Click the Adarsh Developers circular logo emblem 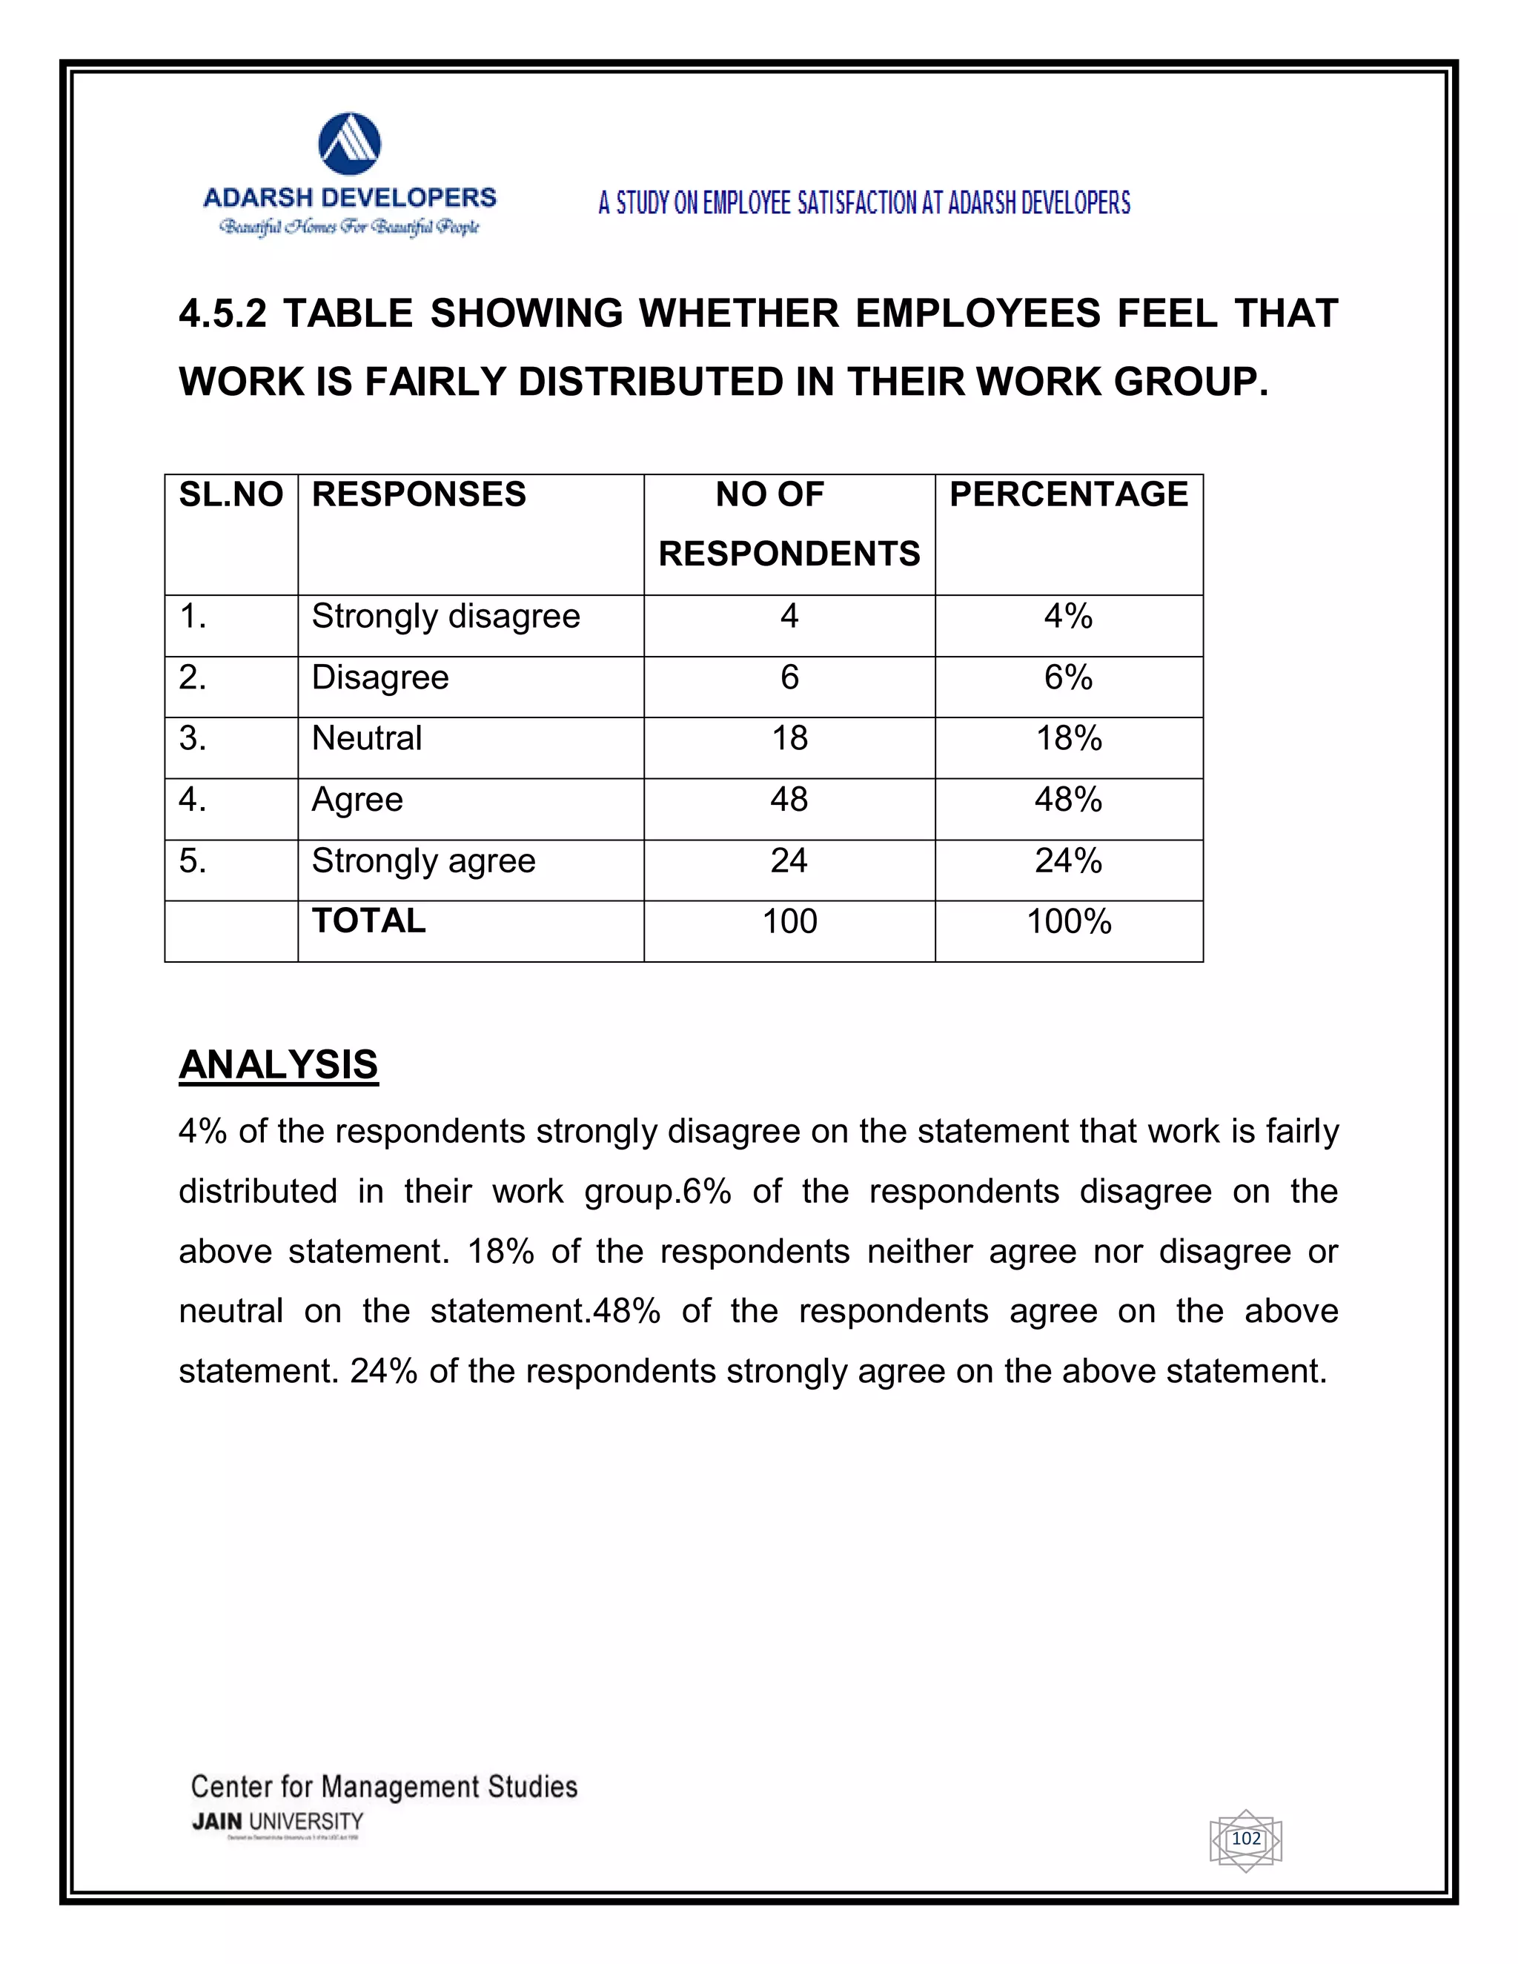(x=350, y=144)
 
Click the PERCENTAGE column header (x=1068, y=494)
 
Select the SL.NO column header (x=231, y=494)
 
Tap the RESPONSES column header (x=418, y=494)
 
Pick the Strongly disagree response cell (x=445, y=617)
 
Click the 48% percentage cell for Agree (x=1068, y=800)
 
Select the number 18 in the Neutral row (x=789, y=738)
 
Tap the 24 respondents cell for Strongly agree (x=789, y=861)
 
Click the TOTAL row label (x=368, y=920)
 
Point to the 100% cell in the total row (x=1068, y=922)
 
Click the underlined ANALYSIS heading (x=278, y=1065)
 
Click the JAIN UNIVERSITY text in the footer (x=277, y=1822)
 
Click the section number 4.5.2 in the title (x=222, y=313)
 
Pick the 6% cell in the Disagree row (x=1068, y=678)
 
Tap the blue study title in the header (x=864, y=203)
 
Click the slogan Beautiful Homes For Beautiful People (x=349, y=227)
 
